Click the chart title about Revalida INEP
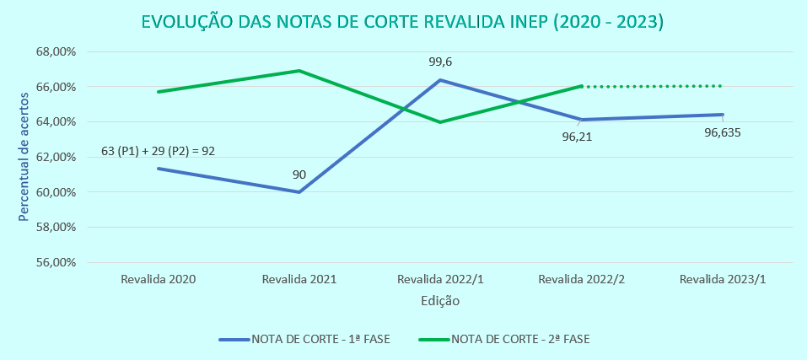(403, 23)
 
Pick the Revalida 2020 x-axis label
(159, 279)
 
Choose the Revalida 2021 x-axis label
(299, 279)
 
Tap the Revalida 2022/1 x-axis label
(439, 279)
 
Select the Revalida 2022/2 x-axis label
(580, 279)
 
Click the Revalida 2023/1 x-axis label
(722, 279)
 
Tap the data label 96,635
(722, 132)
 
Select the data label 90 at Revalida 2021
(299, 175)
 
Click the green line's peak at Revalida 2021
(299, 71)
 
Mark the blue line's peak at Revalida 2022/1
(440, 80)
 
